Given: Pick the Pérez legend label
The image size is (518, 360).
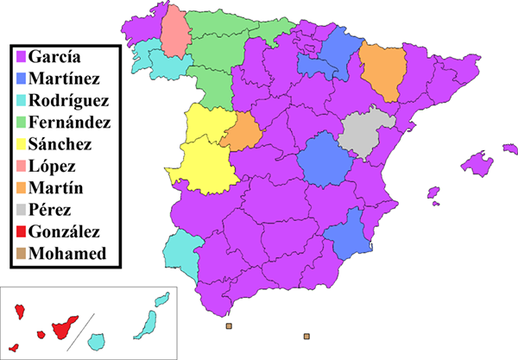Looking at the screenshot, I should [x=51, y=210].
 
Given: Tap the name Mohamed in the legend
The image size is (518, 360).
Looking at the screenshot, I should [x=67, y=254].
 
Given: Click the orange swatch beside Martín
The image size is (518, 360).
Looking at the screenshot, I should [x=19, y=188].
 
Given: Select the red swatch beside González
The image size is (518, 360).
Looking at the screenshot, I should [x=19, y=232].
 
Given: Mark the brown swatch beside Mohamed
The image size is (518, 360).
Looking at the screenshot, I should [x=19, y=254].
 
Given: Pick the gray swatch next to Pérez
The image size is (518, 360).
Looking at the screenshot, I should [x=19, y=210].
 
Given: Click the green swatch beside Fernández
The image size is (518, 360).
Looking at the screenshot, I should [x=19, y=123].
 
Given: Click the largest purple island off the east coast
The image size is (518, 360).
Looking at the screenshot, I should [x=480, y=162].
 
